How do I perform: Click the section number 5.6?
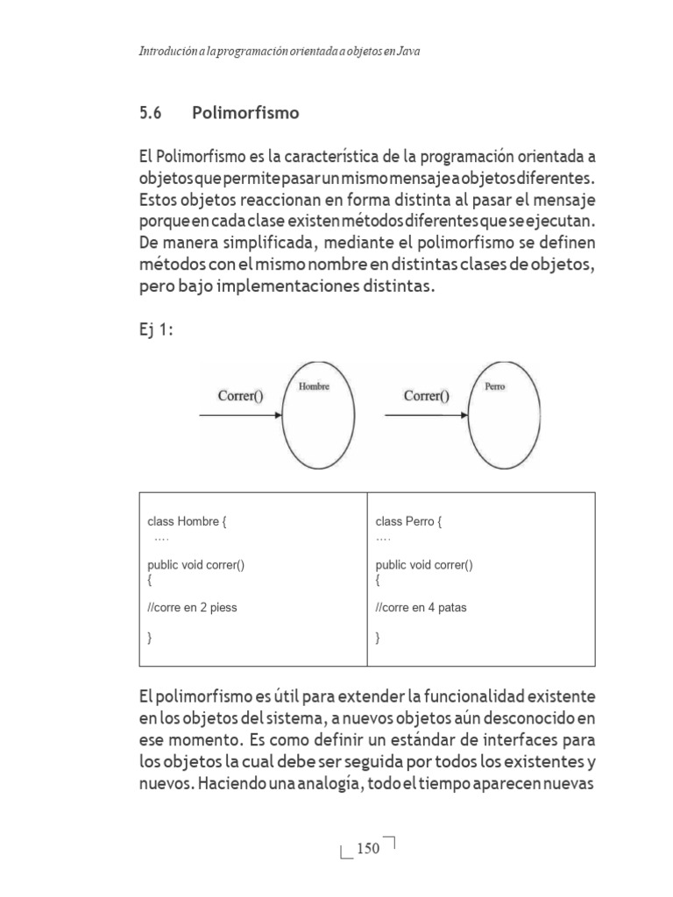coord(151,113)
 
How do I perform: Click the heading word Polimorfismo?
coord(245,113)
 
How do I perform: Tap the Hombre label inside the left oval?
coord(314,386)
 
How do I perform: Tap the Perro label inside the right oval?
coord(494,386)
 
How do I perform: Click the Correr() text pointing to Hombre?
coord(241,396)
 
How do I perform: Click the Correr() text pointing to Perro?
coord(427,396)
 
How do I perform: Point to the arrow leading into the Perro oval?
coord(425,416)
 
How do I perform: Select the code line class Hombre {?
coord(188,522)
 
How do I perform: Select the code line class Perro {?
coord(409,522)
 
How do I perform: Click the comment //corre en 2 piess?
coord(193,607)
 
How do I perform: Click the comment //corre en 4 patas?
coord(422,607)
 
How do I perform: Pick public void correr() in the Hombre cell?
coord(196,565)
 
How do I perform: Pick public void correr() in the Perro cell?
coord(424,565)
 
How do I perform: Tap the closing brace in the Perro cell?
coord(378,639)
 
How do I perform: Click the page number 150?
coord(368,848)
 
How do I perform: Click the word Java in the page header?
coord(407,52)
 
